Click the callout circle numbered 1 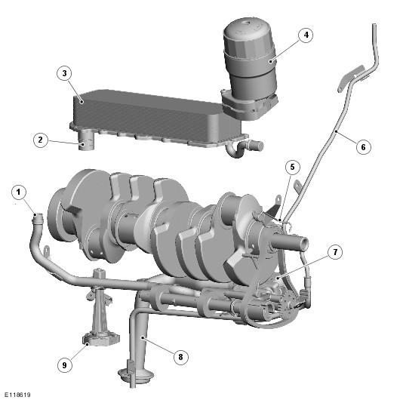coord(19,192)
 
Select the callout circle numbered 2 coord(41,140)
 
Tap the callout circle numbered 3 coord(64,73)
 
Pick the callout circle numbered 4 coord(306,35)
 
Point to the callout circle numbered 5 coord(293,167)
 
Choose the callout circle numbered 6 coord(363,147)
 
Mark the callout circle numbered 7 coord(335,252)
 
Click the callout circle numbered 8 coord(180,357)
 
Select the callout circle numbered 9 coord(64,365)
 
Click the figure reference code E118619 coord(17,395)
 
